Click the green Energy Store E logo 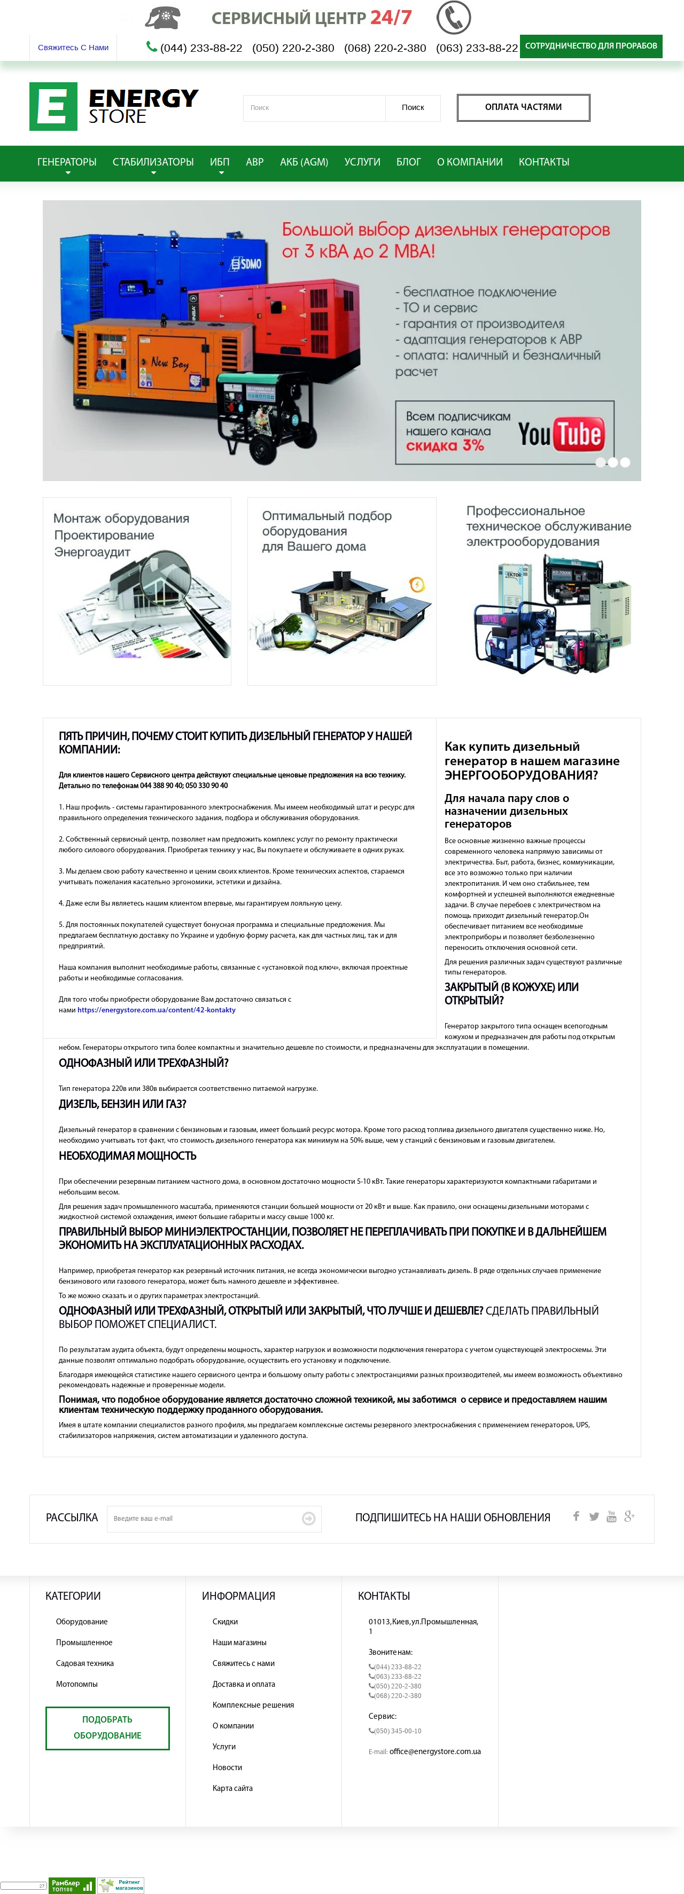pos(53,107)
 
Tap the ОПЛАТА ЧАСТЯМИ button pos(523,107)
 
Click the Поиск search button pos(413,107)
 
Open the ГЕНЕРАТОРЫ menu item pos(67,162)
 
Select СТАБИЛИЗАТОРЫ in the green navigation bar pos(153,162)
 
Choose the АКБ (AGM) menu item pos(304,162)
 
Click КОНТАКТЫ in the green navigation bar pos(543,162)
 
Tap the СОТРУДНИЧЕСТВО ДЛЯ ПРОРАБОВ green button pos(590,45)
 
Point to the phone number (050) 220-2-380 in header pos(293,49)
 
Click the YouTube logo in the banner pos(561,434)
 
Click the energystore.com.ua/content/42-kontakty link pos(156,1010)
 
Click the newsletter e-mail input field pos(202,1518)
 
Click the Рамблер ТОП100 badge pos(72,1885)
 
